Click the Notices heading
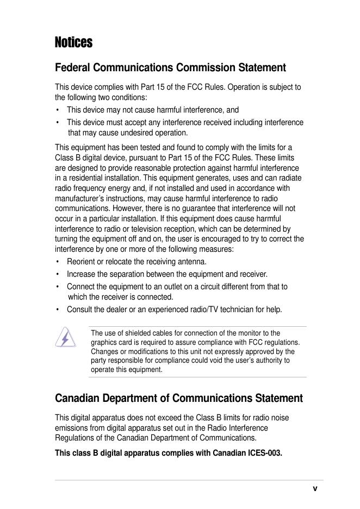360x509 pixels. point(74,42)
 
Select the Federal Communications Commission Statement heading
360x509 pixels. point(170,68)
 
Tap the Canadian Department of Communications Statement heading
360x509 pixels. point(179,398)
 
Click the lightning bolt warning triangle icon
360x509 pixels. point(66,337)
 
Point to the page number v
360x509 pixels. point(315,488)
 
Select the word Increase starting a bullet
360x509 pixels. point(82,274)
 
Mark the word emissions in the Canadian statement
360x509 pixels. point(73,427)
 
